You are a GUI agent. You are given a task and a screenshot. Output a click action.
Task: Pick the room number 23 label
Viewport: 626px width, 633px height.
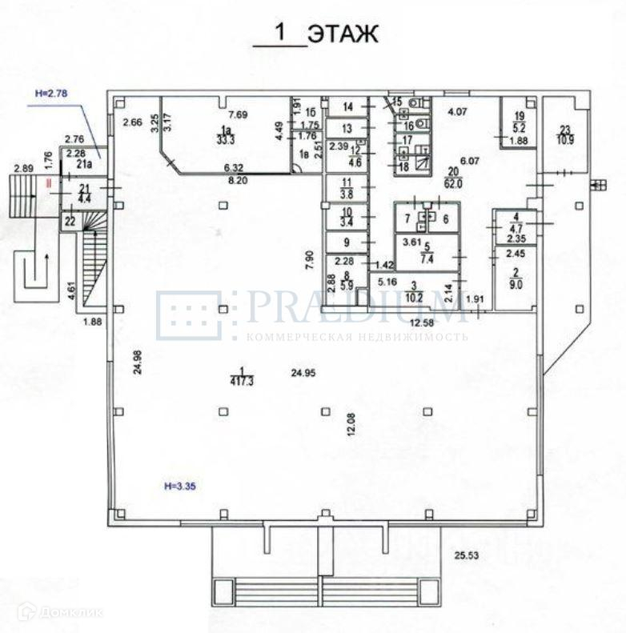click(x=565, y=130)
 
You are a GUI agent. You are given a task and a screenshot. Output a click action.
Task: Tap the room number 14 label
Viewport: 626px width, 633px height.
click(x=347, y=106)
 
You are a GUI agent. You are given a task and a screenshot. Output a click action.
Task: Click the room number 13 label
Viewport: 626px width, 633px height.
click(x=347, y=128)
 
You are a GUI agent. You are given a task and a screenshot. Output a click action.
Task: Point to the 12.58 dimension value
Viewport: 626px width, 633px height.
click(x=423, y=323)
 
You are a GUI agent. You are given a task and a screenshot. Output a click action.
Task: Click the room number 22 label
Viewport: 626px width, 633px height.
click(x=70, y=221)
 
